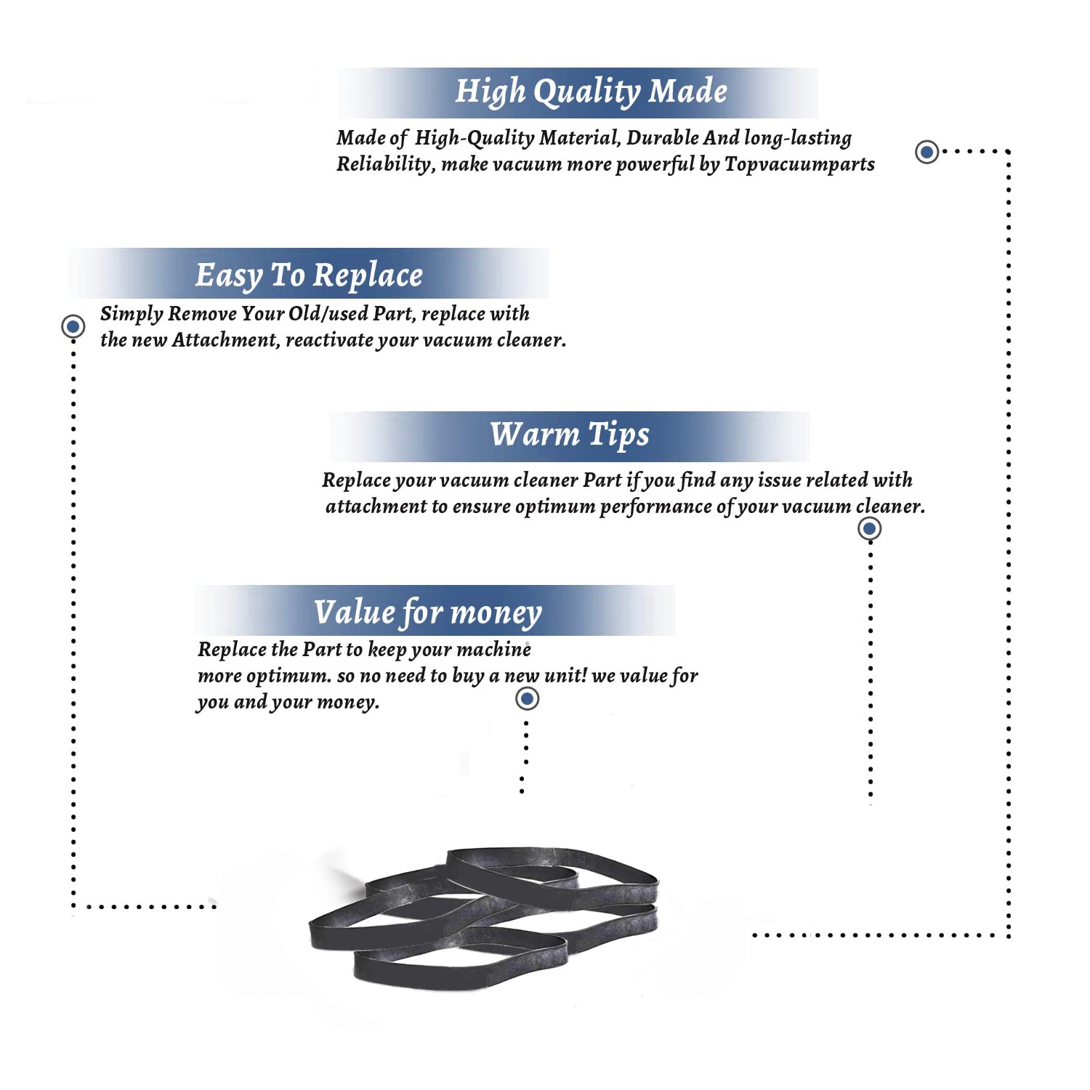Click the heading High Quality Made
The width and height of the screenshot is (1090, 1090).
pyautogui.click(x=591, y=92)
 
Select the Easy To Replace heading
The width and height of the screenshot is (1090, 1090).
pyautogui.click(x=309, y=276)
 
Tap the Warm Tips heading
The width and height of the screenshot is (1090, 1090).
pyautogui.click(x=570, y=435)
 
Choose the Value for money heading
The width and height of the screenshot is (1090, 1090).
pyautogui.click(x=428, y=613)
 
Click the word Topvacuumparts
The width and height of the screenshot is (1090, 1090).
pyautogui.click(x=799, y=165)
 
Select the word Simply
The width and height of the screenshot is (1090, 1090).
pyautogui.click(x=132, y=315)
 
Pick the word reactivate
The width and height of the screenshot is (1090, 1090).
pyautogui.click(x=328, y=341)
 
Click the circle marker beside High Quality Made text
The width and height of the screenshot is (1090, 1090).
pyautogui.click(x=926, y=152)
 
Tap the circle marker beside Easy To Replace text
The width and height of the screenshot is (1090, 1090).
pyautogui.click(x=73, y=326)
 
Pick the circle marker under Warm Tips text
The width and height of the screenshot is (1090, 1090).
pyautogui.click(x=869, y=528)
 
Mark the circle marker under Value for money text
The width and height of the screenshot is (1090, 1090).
pyautogui.click(x=527, y=699)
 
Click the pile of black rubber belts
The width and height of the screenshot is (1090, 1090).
pyautogui.click(x=483, y=918)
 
